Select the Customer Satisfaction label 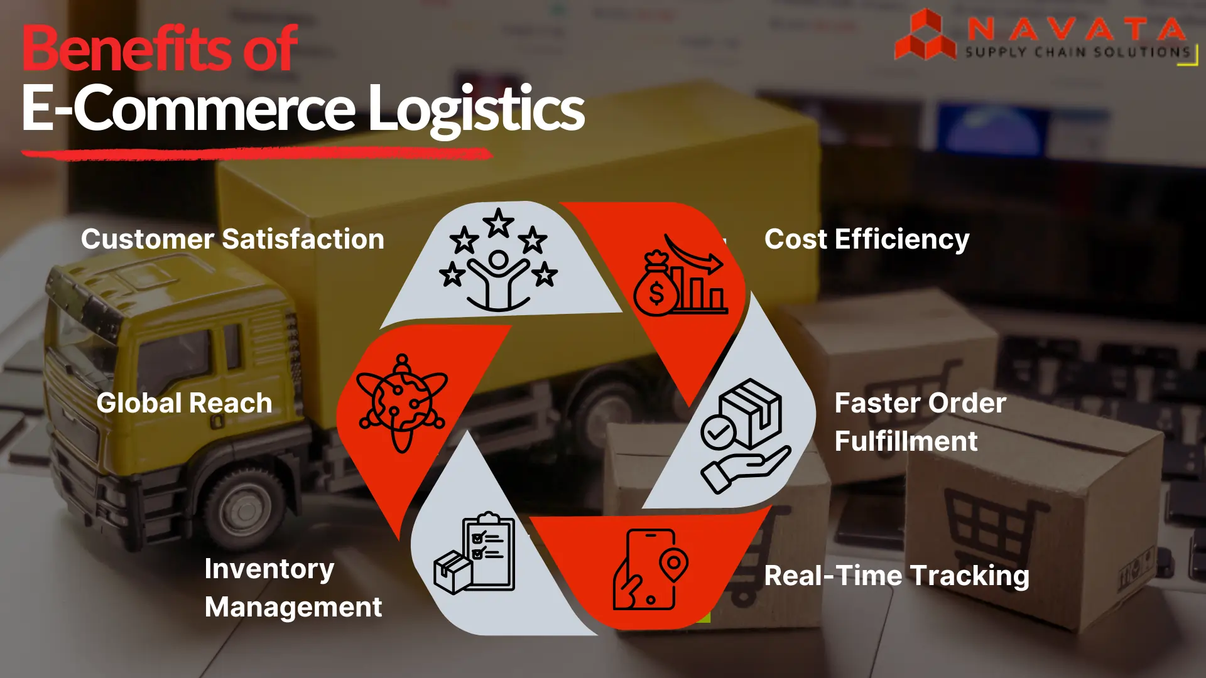(232, 239)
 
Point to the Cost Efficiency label (867, 239)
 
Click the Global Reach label (184, 403)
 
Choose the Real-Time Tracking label (896, 576)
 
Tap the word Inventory (269, 569)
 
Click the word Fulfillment (906, 441)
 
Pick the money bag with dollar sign (655, 288)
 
